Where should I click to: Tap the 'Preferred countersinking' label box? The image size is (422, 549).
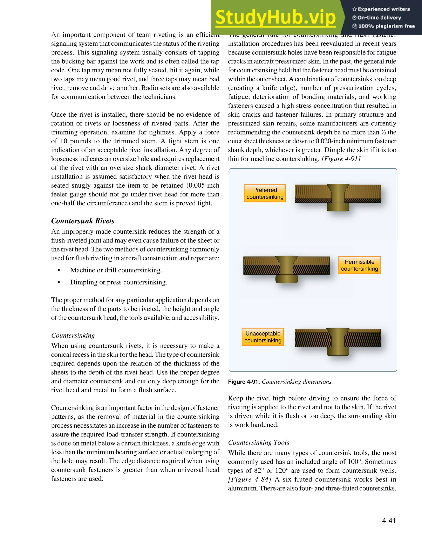point(265,193)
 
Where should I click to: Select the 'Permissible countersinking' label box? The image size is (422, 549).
point(359,265)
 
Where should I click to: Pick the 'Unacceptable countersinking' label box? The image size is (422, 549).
point(263,337)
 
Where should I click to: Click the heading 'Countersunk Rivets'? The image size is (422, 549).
point(83,221)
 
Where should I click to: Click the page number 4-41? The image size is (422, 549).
point(389,520)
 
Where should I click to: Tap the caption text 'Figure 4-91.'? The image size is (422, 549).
point(244,382)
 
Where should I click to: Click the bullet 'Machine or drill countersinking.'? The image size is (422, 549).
point(116,270)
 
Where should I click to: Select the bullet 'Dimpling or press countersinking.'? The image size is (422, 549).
point(118,282)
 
